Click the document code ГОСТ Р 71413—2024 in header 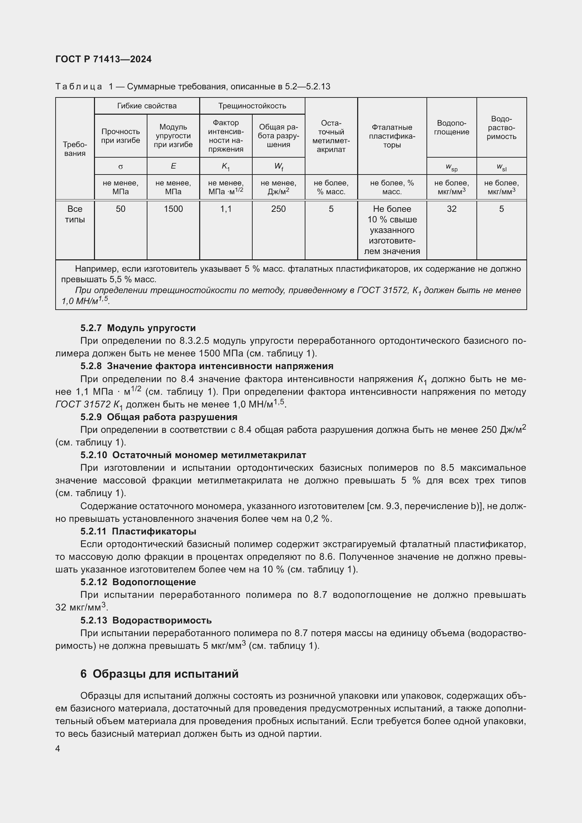[103, 59]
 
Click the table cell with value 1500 [173, 209]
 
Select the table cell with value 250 [278, 209]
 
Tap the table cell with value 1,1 [226, 209]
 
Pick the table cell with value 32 [451, 209]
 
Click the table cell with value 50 [120, 209]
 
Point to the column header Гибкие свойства [147, 106]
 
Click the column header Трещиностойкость [252, 106]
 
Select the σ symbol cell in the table [120, 166]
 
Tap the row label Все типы [75, 214]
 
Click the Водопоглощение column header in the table [451, 128]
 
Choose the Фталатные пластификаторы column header [392, 136]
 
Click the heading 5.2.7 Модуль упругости [138, 328]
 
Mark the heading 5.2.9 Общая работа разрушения [159, 417]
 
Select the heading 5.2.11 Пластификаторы [138, 531]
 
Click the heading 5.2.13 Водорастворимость [146, 620]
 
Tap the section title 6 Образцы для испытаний [159, 674]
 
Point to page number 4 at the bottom [58, 749]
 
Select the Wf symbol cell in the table [278, 166]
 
